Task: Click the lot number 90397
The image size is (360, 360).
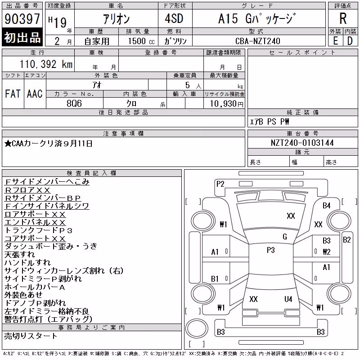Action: pyautogui.click(x=22, y=18)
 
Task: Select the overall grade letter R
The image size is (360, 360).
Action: pyautogui.click(x=343, y=18)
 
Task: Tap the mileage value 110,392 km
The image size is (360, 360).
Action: pyautogui.click(x=46, y=64)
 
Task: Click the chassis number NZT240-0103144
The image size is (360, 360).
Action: pyautogui.click(x=302, y=143)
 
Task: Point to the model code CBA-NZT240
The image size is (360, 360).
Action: pyautogui.click(x=258, y=41)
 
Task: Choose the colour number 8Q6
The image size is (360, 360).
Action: pyautogui.click(x=74, y=103)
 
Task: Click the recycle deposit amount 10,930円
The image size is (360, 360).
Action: pyautogui.click(x=227, y=104)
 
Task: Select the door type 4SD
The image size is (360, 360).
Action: pyautogui.click(x=174, y=18)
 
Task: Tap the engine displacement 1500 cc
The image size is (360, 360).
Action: pyautogui.click(x=141, y=41)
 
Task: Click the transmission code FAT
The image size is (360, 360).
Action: pyautogui.click(x=13, y=94)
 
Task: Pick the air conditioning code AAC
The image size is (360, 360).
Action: pyautogui.click(x=35, y=94)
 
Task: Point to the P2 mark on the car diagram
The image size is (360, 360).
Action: pyautogui.click(x=220, y=184)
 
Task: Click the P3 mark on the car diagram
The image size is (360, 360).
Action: pyautogui.click(x=271, y=250)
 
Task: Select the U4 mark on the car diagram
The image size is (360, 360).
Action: pyautogui.click(x=288, y=299)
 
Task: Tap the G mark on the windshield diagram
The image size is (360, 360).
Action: pyautogui.click(x=285, y=237)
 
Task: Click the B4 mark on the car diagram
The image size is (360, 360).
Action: pyautogui.click(x=327, y=206)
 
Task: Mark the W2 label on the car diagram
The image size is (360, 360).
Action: pyautogui.click(x=327, y=252)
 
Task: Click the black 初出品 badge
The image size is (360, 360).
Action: pyautogui.click(x=22, y=37)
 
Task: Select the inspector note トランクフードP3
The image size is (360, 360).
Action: pyautogui.click(x=39, y=230)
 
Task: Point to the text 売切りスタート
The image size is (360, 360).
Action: pyautogui.click(x=31, y=336)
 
